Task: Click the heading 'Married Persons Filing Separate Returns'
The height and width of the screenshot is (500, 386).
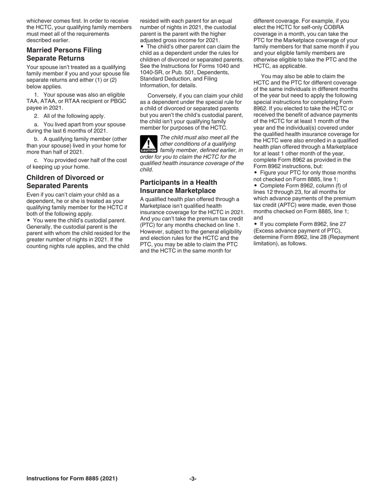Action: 64,54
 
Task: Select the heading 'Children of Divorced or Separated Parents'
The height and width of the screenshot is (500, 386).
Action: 65,182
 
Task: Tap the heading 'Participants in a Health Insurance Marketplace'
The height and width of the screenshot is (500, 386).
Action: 179,187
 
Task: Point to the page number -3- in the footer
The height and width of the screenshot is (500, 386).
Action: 193,478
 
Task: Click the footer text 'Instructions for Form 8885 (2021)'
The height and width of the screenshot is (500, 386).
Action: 72,478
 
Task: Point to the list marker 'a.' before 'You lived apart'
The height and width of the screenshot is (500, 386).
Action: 37,124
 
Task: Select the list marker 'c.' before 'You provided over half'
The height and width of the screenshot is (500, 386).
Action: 37,160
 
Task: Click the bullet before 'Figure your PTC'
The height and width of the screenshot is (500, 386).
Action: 256,173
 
